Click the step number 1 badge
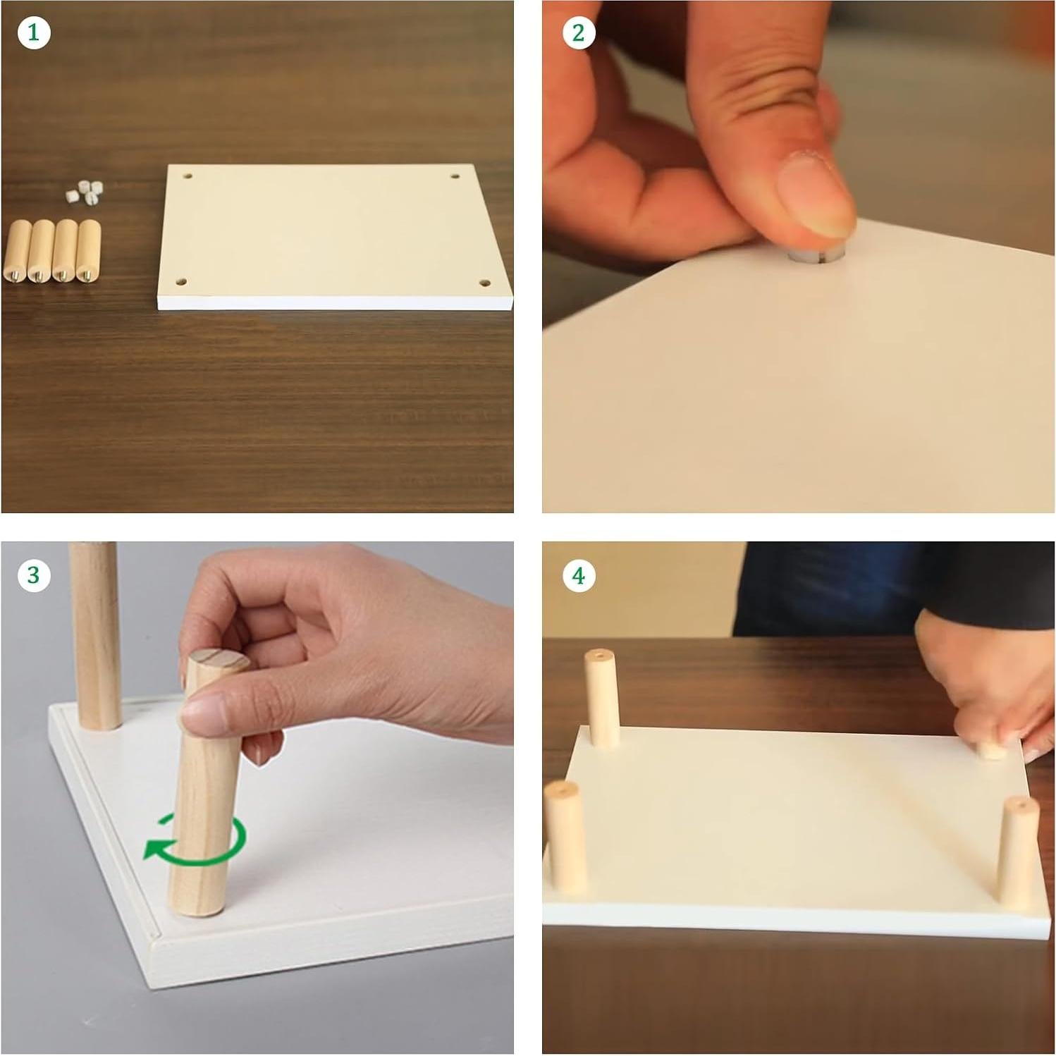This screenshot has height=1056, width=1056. pos(34,33)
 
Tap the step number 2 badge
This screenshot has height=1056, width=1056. pos(579,33)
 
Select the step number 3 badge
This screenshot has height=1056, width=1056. pos(34,575)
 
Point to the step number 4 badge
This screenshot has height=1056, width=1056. pos(579,575)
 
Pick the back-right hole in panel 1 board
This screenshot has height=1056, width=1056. pos(455,176)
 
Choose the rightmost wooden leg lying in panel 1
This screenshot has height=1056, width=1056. pos(89,251)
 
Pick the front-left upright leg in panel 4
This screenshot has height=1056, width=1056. pos(565,836)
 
